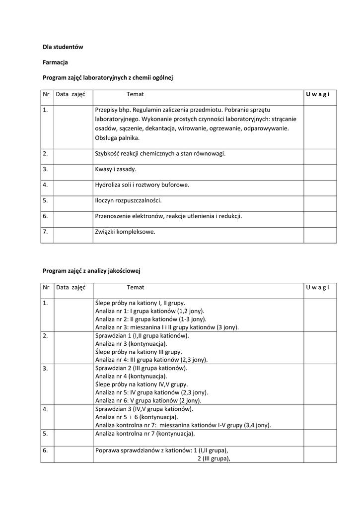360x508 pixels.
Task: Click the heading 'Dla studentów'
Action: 63,47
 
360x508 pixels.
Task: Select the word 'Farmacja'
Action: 55,63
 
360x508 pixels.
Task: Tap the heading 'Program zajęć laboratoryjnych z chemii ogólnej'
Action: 107,78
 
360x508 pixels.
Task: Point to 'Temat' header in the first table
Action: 135,94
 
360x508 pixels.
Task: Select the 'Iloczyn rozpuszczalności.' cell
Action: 128,200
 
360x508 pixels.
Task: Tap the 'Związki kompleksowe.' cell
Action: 125,231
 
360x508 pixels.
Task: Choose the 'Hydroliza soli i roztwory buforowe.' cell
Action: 142,185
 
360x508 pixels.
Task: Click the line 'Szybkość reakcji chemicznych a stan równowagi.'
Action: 160,154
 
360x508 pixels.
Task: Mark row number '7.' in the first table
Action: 46,231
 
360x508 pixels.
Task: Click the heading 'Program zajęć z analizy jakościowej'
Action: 92,271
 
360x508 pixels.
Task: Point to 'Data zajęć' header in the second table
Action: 71,287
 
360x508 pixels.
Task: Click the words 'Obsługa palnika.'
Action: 117,138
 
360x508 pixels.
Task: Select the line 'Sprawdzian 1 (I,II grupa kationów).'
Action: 142,336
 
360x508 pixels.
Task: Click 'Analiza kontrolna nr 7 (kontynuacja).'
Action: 144,433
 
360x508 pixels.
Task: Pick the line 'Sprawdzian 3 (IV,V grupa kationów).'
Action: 144,409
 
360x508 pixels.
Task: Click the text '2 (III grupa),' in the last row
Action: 211,459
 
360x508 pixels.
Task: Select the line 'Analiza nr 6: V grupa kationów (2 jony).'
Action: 148,400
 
